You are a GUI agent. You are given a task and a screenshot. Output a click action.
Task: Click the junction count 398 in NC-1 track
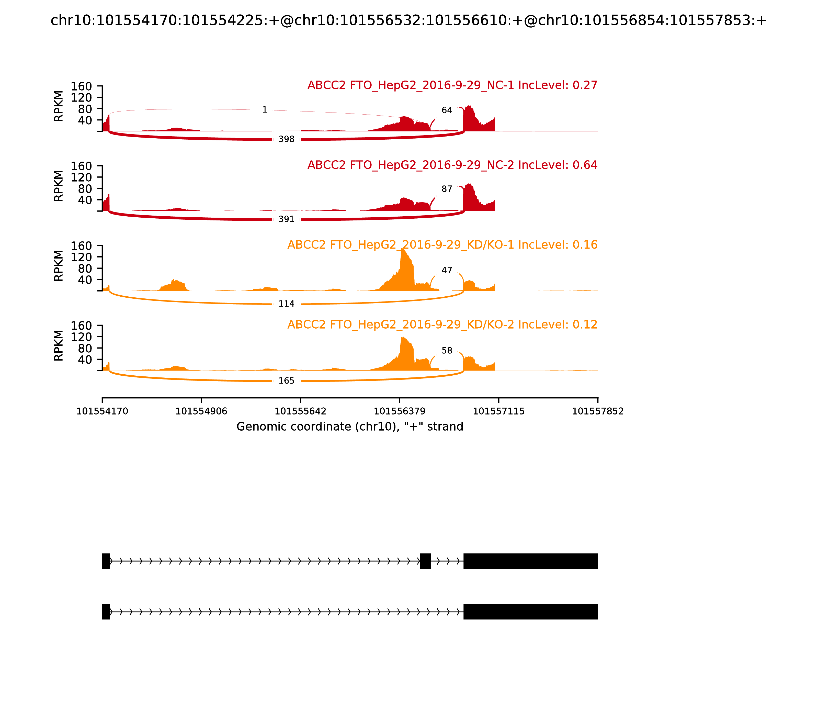[x=286, y=139]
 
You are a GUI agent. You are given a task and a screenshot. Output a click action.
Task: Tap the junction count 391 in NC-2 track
[x=286, y=219]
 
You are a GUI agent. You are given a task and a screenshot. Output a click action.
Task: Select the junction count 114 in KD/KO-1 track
[x=286, y=304]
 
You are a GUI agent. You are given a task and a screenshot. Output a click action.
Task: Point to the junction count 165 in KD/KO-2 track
[x=286, y=381]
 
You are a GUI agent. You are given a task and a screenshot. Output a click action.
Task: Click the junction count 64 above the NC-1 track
[x=447, y=110]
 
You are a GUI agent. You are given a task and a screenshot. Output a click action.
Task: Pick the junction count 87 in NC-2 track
[x=447, y=189]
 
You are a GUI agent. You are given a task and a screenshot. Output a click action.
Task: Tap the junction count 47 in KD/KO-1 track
[x=447, y=271]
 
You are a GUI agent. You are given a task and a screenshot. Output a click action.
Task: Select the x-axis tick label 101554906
[x=201, y=411]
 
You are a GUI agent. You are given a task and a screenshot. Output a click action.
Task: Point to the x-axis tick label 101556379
[x=399, y=411]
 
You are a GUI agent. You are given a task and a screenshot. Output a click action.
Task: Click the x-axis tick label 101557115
[x=498, y=411]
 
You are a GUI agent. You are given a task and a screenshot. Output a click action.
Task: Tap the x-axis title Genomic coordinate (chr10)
[x=350, y=427]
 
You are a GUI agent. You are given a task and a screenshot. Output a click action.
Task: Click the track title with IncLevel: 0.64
[x=452, y=165]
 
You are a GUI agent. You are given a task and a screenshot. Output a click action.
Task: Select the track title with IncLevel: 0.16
[x=442, y=245]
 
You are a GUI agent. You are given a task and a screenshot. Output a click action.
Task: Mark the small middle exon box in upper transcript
[x=425, y=561]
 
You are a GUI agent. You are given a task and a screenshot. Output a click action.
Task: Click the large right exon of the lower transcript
[x=530, y=612]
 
